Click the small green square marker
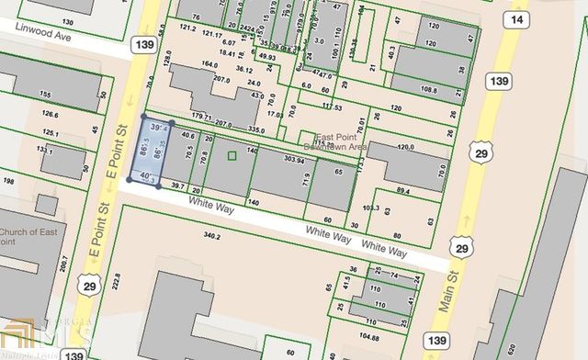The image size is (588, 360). (x=232, y=157)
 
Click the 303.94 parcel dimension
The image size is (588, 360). (x=294, y=162)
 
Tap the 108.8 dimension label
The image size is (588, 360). (x=427, y=89)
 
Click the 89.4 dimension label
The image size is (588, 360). (x=402, y=191)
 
